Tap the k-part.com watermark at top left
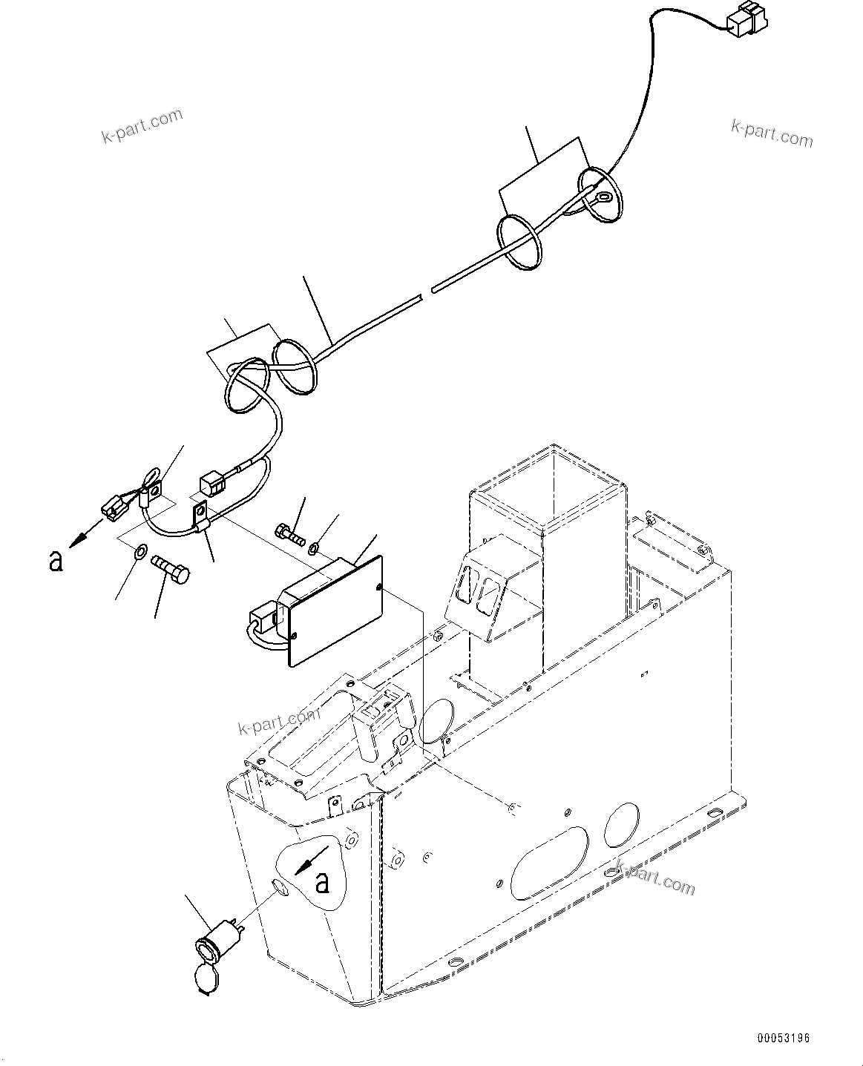(x=141, y=126)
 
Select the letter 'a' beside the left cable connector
(x=56, y=561)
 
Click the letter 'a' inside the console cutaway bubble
(x=321, y=883)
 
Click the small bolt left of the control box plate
(x=289, y=532)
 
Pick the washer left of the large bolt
(x=140, y=553)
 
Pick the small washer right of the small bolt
(x=314, y=548)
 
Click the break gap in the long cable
(x=427, y=292)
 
